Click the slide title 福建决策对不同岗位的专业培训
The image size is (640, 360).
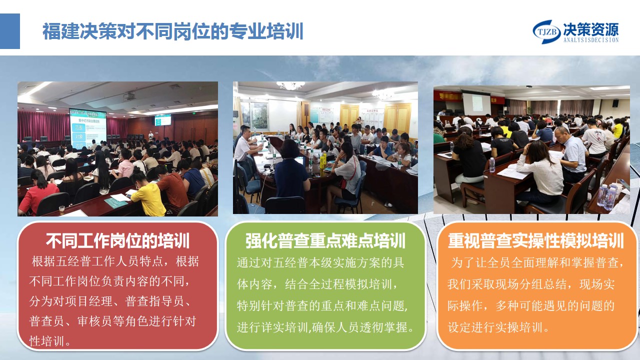(x=173, y=31)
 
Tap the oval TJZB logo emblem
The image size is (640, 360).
(x=546, y=32)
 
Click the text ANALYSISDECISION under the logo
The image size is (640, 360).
(x=591, y=40)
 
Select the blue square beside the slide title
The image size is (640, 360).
(x=10, y=31)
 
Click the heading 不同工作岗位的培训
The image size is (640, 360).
(x=117, y=241)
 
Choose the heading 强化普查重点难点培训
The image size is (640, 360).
(x=325, y=241)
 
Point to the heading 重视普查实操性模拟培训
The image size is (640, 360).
(x=535, y=241)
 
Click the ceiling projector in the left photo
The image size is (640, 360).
(x=129, y=96)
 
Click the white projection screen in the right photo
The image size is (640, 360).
(x=476, y=104)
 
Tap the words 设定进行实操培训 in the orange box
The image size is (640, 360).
(x=495, y=327)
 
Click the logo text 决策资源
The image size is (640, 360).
(x=591, y=29)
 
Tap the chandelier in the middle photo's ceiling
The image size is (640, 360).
(x=290, y=85)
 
